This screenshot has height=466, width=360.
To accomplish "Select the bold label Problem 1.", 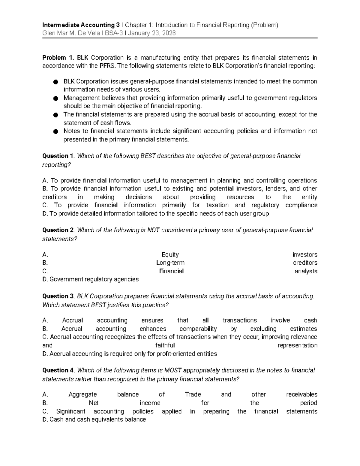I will click(58, 58).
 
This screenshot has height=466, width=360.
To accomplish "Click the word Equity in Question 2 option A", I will click(170, 255).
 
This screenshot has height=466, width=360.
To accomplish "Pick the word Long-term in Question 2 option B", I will click(170, 263).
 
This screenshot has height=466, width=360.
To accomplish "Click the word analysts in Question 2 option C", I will click(306, 271).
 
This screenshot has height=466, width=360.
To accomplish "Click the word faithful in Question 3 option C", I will click(165, 345).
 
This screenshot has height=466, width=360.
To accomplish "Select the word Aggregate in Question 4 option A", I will click(82, 395).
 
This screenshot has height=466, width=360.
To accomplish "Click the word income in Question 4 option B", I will click(150, 403).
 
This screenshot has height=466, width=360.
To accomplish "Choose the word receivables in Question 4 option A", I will click(301, 395).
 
